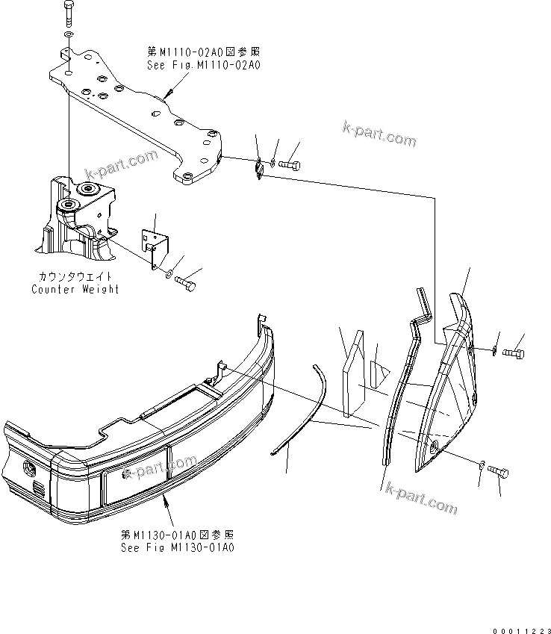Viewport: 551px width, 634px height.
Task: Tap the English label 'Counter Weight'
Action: point(75,289)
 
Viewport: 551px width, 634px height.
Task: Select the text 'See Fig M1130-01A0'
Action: point(178,547)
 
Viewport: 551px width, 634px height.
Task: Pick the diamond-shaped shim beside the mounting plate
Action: point(258,170)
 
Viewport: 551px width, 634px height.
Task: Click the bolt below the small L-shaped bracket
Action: point(187,285)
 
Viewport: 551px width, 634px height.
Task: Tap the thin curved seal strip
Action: point(302,411)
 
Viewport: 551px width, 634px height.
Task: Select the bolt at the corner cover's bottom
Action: point(498,472)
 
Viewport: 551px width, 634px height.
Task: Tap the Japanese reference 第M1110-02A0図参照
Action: point(203,52)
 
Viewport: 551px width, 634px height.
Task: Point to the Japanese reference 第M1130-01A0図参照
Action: point(178,535)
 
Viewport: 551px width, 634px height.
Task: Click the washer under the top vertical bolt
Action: point(69,35)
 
